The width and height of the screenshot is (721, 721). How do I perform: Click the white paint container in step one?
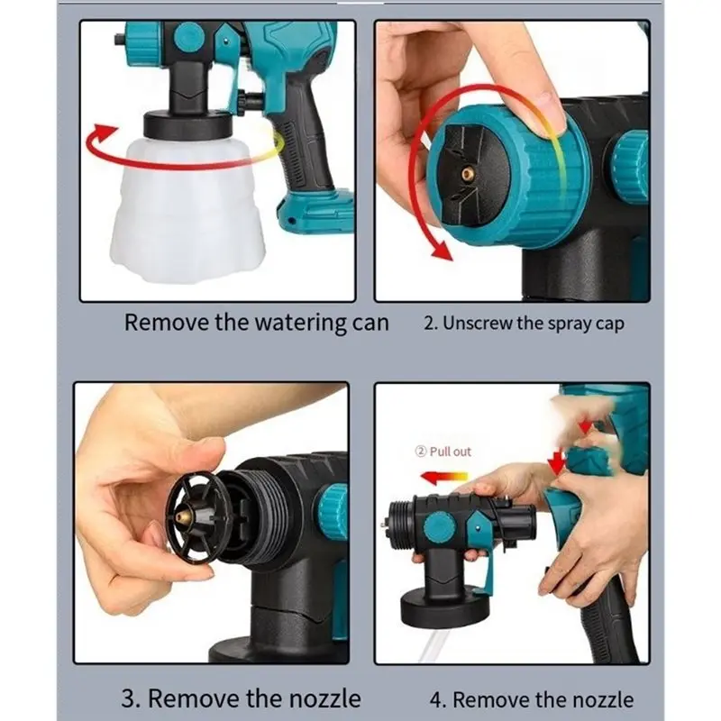coord(187,209)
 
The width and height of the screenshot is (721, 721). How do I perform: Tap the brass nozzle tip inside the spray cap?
coord(469,173)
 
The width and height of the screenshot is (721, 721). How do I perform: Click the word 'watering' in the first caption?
coord(300,324)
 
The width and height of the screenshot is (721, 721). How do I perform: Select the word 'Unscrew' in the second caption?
coord(477,323)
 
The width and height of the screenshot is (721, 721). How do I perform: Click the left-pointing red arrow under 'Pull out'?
coord(443,478)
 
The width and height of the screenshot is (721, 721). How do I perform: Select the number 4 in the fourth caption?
coord(436,700)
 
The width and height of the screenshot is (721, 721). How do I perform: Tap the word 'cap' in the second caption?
coord(610,324)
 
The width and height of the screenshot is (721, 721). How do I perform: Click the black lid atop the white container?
coord(188,124)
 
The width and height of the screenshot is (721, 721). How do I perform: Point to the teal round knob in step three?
coord(333,511)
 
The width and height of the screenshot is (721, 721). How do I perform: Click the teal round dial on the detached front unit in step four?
coord(439,526)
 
